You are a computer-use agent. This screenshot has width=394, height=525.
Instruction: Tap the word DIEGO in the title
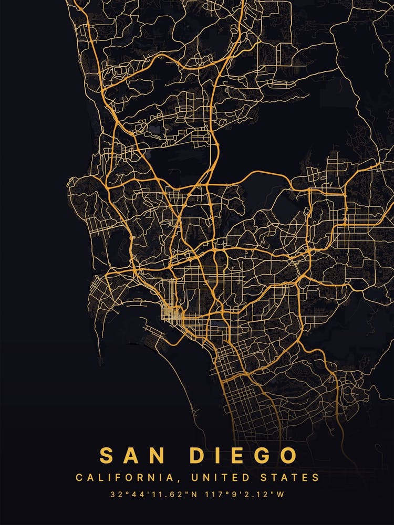tap(244, 455)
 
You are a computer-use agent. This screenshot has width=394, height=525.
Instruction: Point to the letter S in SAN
tap(107, 455)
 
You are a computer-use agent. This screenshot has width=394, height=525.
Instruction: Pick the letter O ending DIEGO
tap(288, 455)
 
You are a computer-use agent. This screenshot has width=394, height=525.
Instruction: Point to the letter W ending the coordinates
tap(280, 495)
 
